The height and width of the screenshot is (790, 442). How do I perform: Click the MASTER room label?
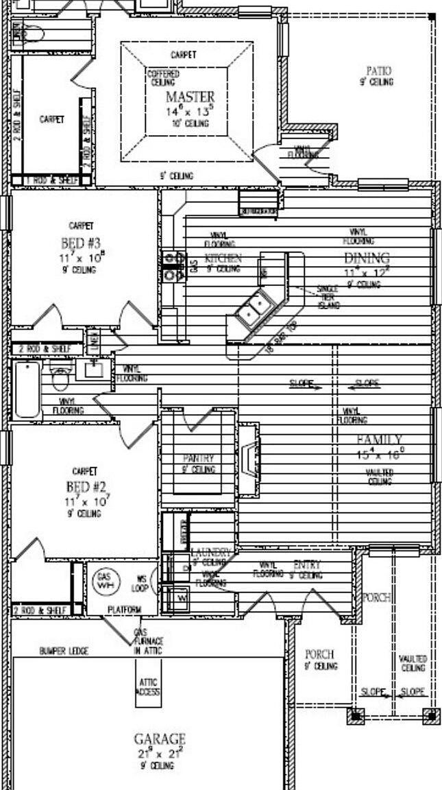pos(190,97)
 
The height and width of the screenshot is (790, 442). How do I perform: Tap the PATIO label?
pos(378,71)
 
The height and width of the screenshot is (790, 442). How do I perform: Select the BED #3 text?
pos(82,243)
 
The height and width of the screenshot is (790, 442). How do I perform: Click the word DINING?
pos(366,258)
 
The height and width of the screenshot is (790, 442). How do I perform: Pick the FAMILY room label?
pos(379,440)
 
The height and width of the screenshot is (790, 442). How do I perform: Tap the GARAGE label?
pos(159,739)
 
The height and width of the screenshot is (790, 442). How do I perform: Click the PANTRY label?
pos(198,458)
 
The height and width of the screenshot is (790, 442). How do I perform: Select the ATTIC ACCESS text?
pos(149,687)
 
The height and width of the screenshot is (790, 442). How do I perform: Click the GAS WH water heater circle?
pos(104,582)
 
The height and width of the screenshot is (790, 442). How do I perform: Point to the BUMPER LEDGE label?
pos(63,650)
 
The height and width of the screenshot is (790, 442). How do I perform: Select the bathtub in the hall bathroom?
pos(27,390)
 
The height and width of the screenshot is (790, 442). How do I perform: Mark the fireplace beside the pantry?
pos(249,459)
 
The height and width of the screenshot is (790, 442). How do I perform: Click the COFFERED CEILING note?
pos(163,77)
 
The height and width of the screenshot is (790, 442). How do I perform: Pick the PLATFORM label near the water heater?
pos(124,610)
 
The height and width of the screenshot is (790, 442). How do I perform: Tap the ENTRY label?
pos(306,565)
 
